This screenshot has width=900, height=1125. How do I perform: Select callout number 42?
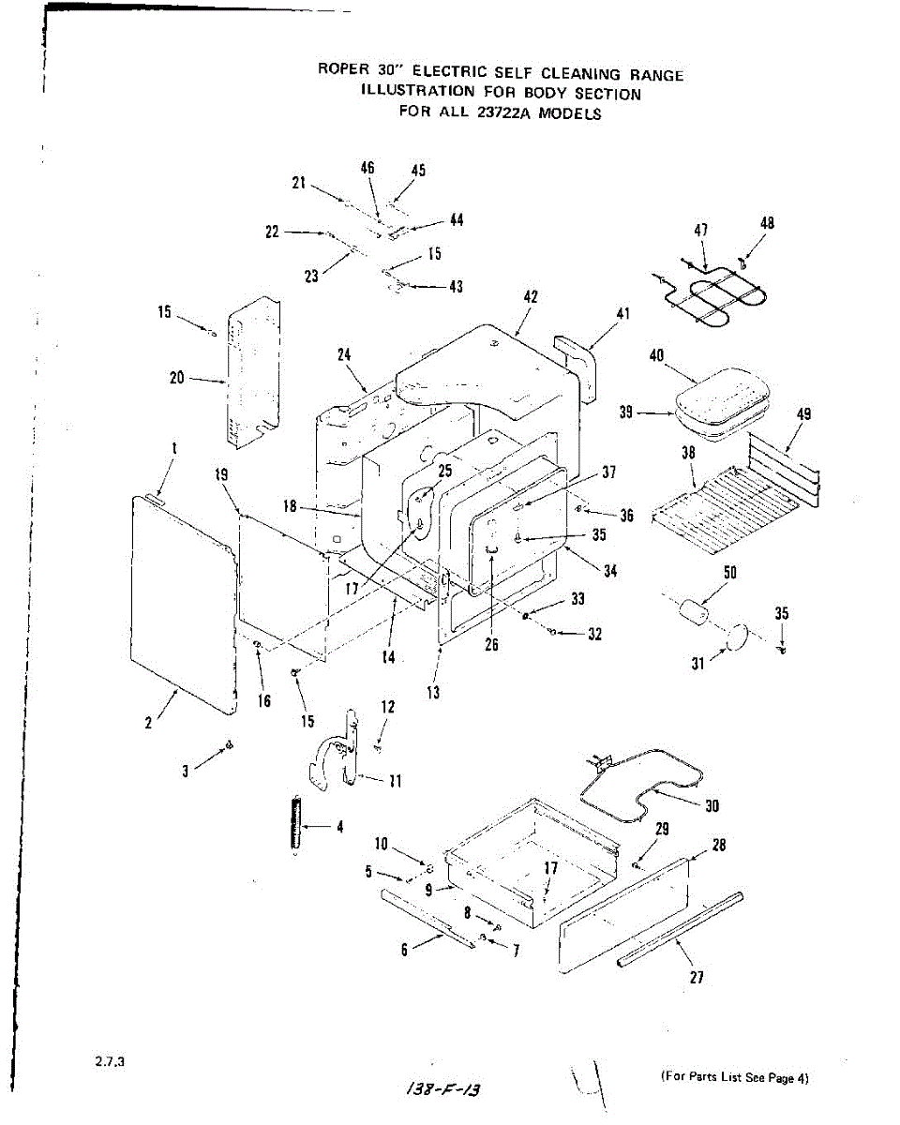point(531,296)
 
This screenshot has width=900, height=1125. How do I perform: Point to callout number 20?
point(177,379)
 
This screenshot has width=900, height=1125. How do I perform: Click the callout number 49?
point(803,413)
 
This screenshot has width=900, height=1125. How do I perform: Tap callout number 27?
point(696,977)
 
